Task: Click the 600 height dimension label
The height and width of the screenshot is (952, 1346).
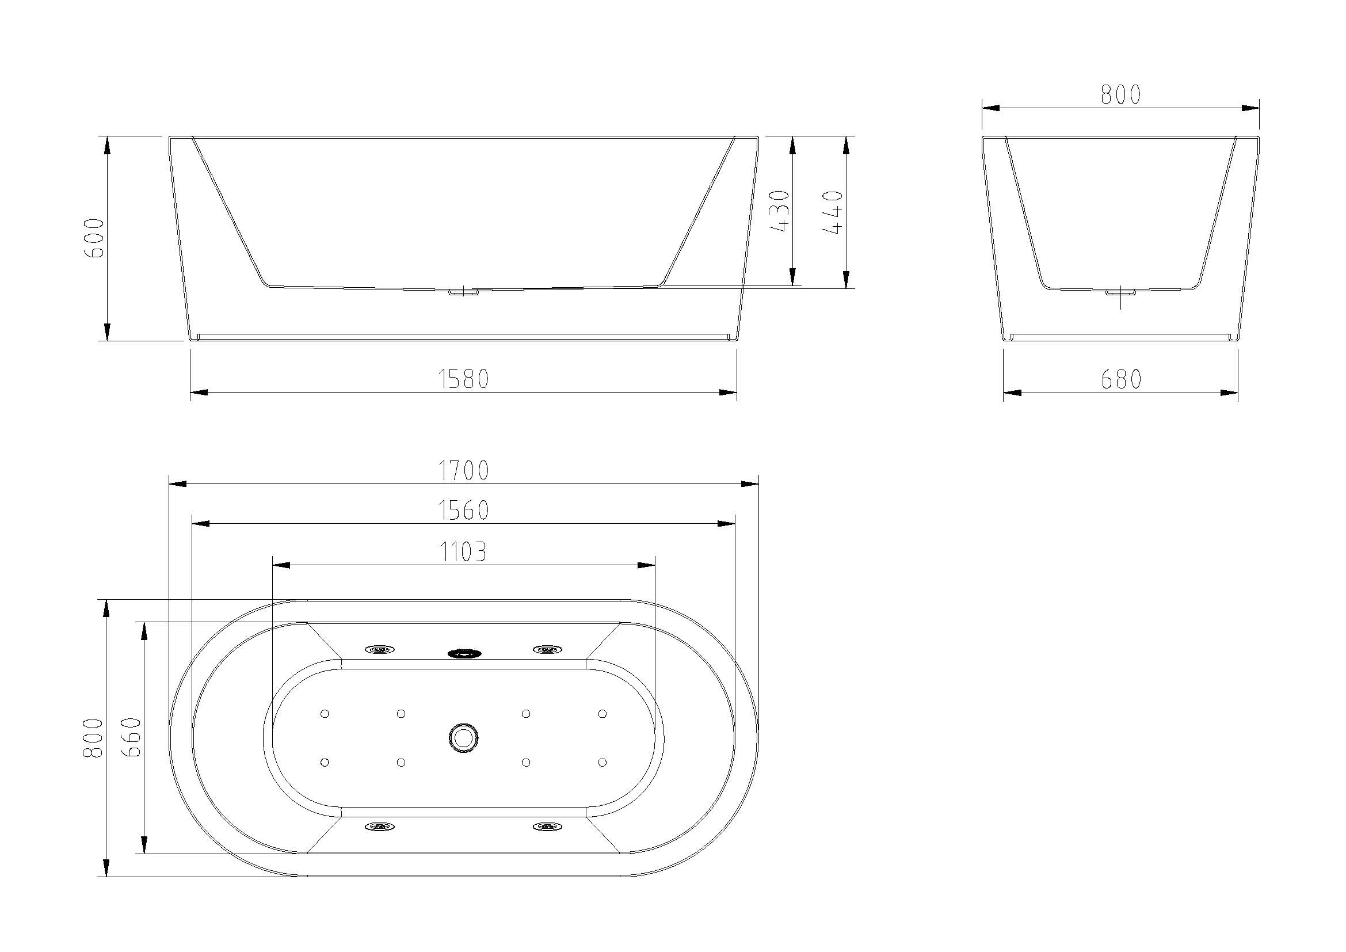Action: [x=94, y=238]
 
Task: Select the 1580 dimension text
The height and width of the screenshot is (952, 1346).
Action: [x=463, y=379]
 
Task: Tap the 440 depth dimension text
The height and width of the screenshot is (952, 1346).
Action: [x=833, y=212]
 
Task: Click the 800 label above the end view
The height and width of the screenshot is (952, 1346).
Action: [x=1120, y=94]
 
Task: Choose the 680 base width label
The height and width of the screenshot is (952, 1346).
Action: [x=1121, y=379]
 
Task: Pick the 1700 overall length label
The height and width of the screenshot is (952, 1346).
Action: [x=463, y=470]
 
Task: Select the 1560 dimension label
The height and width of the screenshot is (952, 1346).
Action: [x=463, y=511]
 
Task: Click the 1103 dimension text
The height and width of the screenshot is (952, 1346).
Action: [x=463, y=551]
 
